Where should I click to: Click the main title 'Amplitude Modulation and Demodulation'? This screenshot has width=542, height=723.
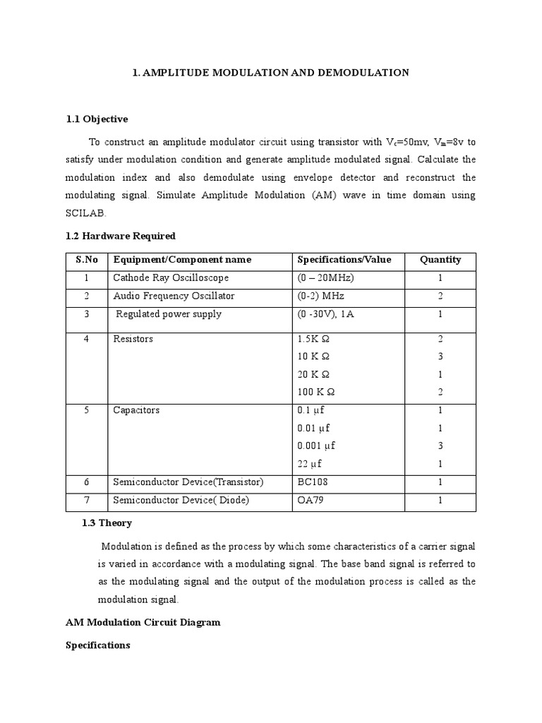[270, 73]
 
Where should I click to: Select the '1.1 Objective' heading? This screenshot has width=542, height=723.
[97, 119]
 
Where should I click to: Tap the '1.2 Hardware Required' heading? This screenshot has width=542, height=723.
[120, 236]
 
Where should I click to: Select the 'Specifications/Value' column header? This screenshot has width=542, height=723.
[344, 260]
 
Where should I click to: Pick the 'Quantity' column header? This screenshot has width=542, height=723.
[440, 260]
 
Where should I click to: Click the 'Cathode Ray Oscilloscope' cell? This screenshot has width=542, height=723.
[171, 278]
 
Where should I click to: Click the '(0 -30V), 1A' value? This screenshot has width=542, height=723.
[326, 314]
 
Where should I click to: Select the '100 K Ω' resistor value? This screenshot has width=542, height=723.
[315, 391]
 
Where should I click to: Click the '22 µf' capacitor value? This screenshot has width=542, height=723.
[311, 463]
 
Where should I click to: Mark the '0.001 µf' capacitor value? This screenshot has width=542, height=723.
[316, 446]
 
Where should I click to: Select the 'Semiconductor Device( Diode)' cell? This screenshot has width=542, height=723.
[181, 501]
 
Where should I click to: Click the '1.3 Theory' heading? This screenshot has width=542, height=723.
[107, 523]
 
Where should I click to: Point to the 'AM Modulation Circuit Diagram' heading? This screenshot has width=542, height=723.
[143, 622]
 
